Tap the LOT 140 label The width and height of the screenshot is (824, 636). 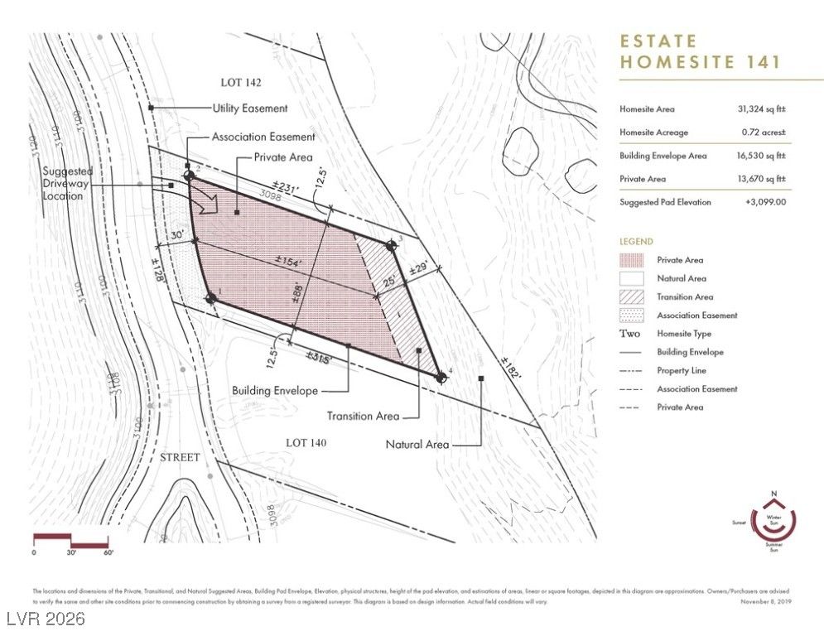coord(306,443)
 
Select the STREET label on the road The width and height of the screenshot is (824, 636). coord(179,457)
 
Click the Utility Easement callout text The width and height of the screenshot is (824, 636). coord(250,108)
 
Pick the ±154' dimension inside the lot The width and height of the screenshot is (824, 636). coord(288,263)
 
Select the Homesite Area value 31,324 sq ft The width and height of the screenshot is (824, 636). coord(761,109)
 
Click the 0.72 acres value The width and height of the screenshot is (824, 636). coord(763,132)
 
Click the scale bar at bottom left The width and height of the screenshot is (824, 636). coord(71,540)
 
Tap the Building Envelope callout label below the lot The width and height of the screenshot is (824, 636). coord(274,390)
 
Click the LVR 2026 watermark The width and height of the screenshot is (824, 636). coord(42,619)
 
